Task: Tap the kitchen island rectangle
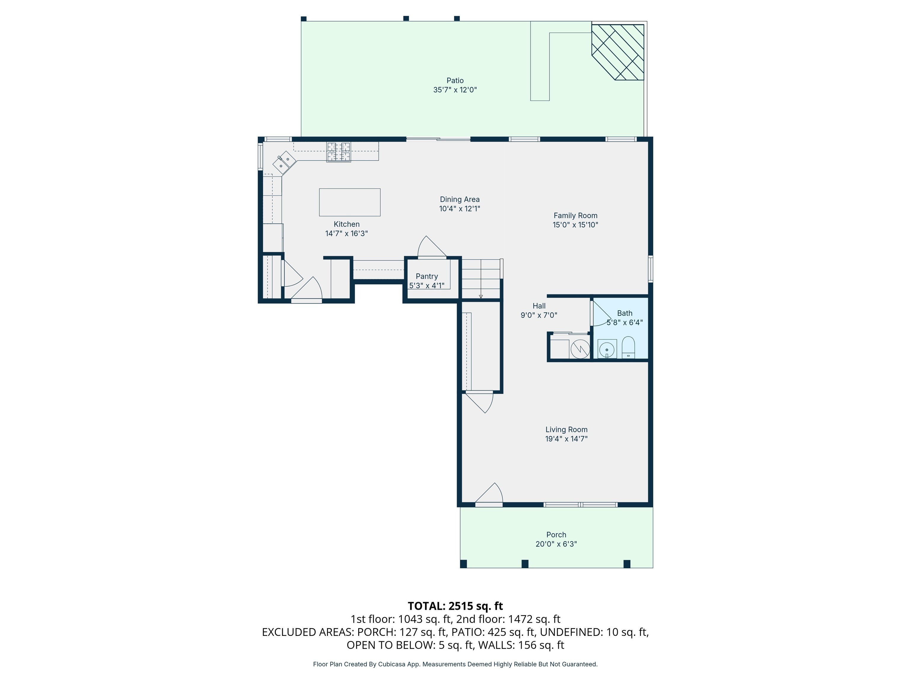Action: coord(349,202)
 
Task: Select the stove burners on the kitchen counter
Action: coord(339,151)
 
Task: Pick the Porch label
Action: coord(556,535)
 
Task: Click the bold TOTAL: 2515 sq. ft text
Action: coord(455,606)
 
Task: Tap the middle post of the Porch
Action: coord(525,564)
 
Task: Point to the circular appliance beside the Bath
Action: coord(580,350)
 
